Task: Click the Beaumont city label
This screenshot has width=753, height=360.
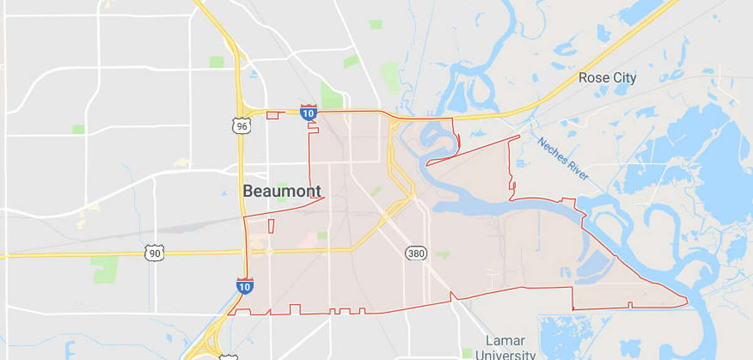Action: point(282,191)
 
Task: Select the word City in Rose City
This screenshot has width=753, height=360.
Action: point(624,78)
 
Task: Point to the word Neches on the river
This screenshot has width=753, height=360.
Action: point(552,151)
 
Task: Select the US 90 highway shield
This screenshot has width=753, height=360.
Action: point(153,253)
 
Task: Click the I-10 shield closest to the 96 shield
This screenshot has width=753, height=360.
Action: point(307,112)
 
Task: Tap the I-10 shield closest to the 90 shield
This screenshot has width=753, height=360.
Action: point(245,285)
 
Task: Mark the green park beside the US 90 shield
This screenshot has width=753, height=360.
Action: point(105,268)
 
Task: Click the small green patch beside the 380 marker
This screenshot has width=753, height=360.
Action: point(442,255)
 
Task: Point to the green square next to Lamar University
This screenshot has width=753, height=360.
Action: point(467,353)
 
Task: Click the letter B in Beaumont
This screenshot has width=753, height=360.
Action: point(248,191)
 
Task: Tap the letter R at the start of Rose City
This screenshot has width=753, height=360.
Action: point(584,78)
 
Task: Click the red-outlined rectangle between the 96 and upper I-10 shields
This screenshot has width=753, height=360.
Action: point(272,115)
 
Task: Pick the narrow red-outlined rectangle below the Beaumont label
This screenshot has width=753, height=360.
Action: point(271,226)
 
